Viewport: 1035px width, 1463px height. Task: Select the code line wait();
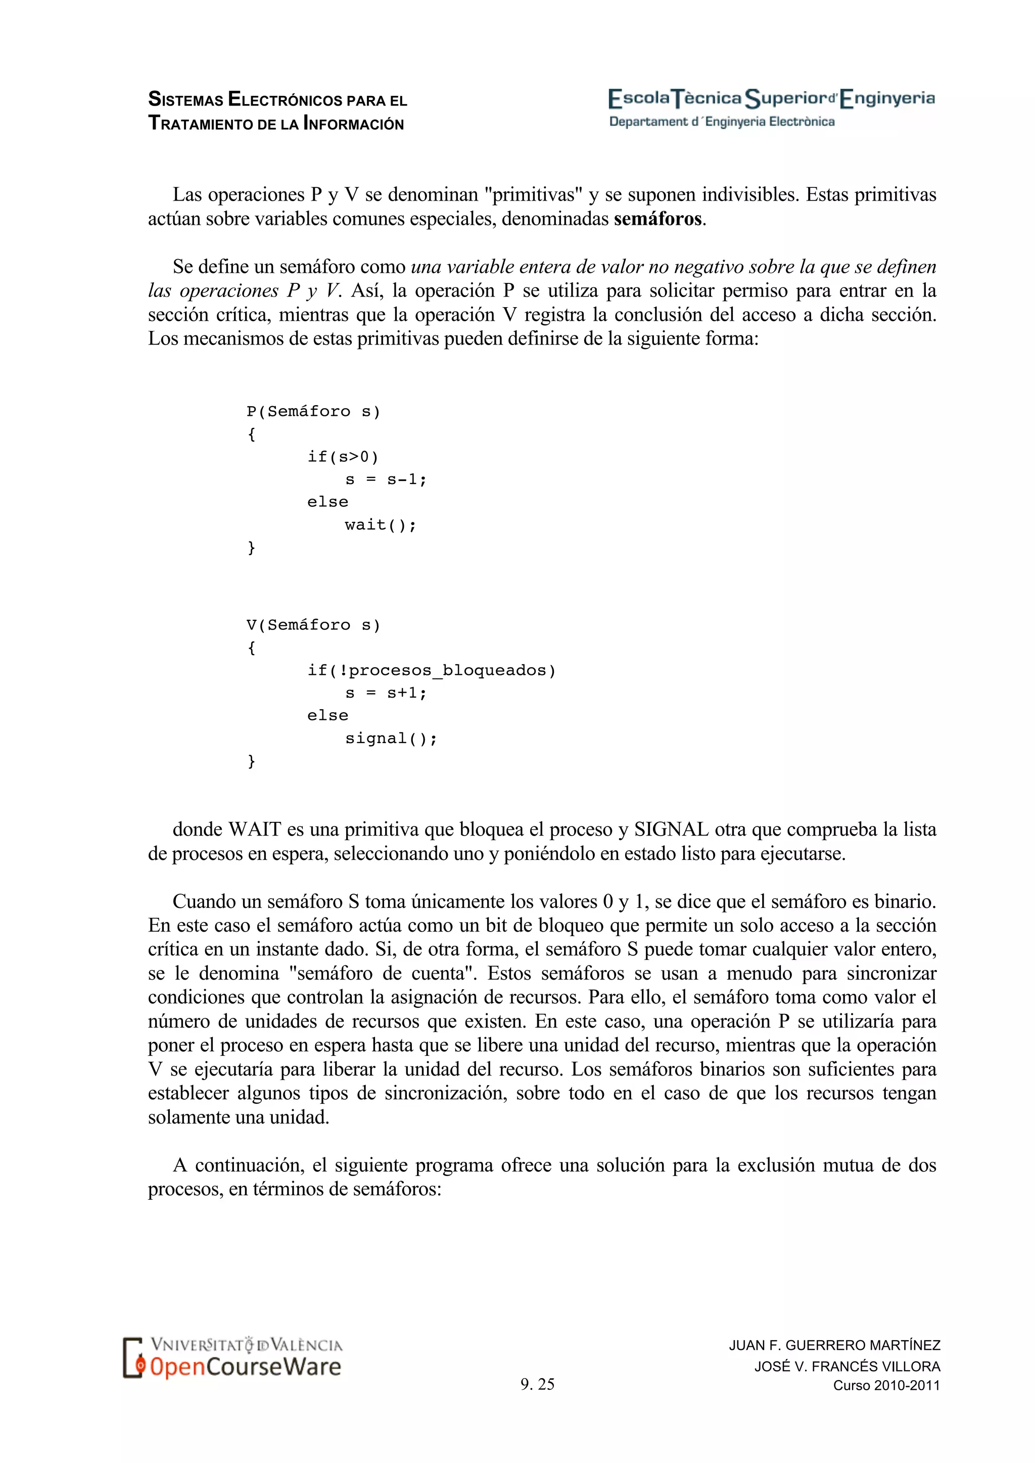380,525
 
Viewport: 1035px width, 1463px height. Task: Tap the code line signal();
391,739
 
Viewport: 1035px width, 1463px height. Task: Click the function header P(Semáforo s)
313,412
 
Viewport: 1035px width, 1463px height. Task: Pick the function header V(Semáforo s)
313,625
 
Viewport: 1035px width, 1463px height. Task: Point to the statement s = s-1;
386,479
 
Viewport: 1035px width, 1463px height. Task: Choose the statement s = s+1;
386,693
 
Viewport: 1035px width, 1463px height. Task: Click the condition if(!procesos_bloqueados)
432,670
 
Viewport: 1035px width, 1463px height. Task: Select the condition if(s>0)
343,457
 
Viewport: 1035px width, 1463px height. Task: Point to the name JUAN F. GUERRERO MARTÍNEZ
834,1345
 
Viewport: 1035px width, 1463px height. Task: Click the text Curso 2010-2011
886,1385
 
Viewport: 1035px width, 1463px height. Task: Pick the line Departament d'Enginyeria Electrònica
722,122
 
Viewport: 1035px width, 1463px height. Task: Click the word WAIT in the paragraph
255,830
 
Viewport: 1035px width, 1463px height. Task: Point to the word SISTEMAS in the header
185,100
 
